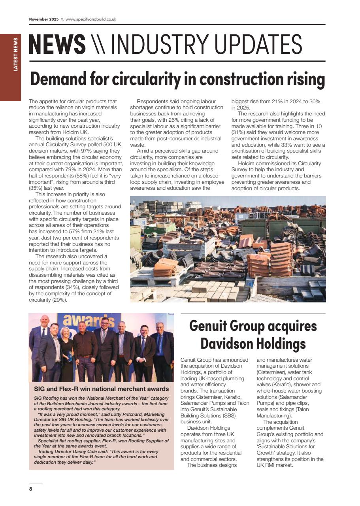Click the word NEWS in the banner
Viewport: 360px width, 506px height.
57,44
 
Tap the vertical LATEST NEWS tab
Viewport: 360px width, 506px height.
15,55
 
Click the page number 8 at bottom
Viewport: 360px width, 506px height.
30,489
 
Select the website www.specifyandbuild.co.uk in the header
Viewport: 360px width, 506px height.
90,19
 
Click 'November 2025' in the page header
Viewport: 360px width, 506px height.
43,19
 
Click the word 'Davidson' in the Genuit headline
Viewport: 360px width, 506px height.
223,343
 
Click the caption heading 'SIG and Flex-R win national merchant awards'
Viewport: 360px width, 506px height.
101,389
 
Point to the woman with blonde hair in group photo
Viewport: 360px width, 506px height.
66,348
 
